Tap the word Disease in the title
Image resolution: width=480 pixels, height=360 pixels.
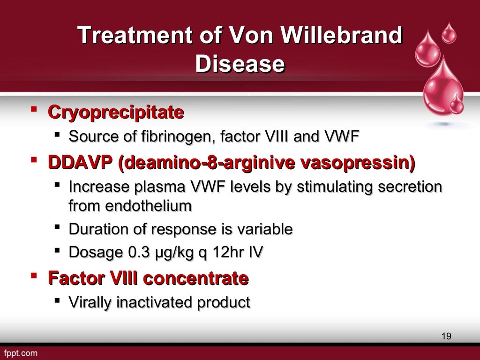tap(240, 64)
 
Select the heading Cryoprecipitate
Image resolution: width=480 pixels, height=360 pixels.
tap(116, 112)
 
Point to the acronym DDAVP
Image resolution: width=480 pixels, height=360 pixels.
tap(81, 163)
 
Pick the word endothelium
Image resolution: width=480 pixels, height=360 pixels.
tap(130, 205)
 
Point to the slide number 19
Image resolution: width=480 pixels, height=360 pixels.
tap(446, 336)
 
